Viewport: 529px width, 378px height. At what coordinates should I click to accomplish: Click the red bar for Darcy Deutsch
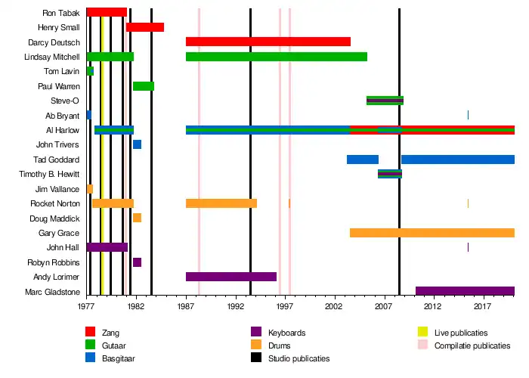(268, 42)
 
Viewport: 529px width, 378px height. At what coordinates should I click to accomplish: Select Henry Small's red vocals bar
(145, 27)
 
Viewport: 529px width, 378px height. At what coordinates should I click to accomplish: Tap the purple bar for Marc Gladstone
(465, 291)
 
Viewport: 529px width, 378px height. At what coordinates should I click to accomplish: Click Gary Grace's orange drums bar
(432, 233)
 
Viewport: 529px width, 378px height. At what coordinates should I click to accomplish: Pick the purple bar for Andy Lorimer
(231, 277)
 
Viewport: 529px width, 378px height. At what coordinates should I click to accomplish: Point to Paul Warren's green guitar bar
(144, 86)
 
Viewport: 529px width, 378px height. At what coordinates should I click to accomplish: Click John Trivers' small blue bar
(137, 144)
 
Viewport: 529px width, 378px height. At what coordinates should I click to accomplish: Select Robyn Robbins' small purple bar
(137, 262)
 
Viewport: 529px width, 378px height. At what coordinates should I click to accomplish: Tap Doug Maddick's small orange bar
(137, 218)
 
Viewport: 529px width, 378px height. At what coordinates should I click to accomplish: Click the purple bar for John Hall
(107, 247)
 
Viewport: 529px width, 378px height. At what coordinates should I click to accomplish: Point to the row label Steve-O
(65, 101)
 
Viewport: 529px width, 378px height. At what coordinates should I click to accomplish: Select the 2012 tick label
(433, 308)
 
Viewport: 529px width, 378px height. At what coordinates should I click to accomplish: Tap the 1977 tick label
(86, 308)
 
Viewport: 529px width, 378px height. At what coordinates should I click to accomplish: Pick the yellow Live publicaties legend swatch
(424, 333)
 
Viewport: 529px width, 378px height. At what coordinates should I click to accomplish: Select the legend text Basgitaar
(118, 358)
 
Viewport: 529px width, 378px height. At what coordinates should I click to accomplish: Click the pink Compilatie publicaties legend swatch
(424, 345)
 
